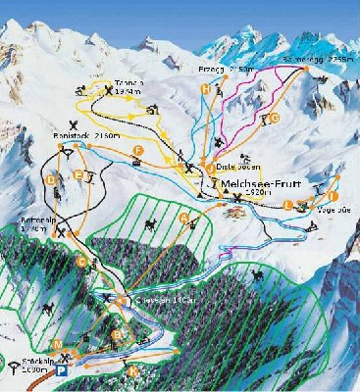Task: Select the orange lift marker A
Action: pyautogui.click(x=184, y=215)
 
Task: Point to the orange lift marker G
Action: pyautogui.click(x=275, y=118)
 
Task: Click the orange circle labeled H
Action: pyautogui.click(x=205, y=90)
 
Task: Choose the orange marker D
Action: pyautogui.click(x=50, y=179)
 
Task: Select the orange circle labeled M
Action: pyautogui.click(x=58, y=344)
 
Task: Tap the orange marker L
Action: pyautogui.click(x=287, y=205)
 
